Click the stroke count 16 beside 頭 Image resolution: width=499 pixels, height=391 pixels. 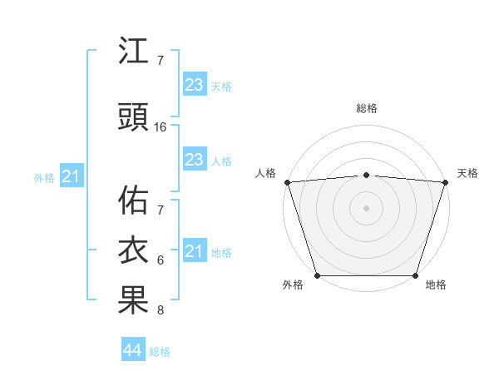click(161, 127)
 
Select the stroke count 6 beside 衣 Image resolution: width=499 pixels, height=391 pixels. click(161, 260)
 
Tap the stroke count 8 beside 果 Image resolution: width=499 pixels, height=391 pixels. click(161, 310)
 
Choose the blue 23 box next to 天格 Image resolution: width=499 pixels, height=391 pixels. click(194, 85)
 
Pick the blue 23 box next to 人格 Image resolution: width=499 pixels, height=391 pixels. click(194, 160)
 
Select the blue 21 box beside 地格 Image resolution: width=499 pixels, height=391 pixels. click(194, 251)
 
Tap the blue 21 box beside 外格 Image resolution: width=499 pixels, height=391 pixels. click(71, 176)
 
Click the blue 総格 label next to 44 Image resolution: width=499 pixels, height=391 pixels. click(160, 352)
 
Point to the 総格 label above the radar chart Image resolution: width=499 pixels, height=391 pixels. click(366, 108)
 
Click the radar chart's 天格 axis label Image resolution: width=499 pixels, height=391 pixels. click(467, 173)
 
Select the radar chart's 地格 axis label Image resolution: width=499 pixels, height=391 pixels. click(436, 285)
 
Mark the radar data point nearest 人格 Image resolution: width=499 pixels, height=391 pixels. click(287, 182)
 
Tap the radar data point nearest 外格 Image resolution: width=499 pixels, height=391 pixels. click(317, 275)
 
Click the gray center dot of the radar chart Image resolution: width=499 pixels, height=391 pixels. click(366, 207)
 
